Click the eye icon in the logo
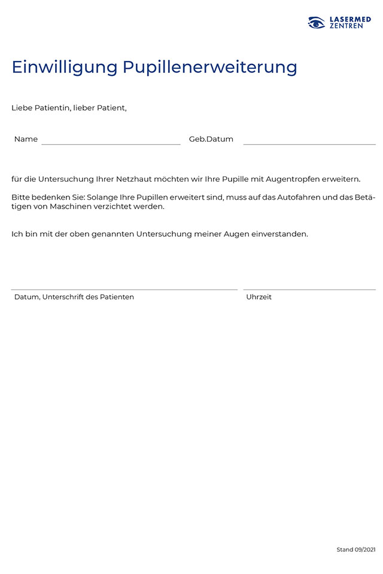[317, 23]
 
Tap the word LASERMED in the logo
[350, 19]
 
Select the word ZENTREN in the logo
[346, 26]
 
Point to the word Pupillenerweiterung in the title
[210, 66]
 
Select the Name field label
[26, 139]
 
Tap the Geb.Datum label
[211, 139]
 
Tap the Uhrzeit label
[259, 297]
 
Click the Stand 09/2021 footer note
[356, 549]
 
